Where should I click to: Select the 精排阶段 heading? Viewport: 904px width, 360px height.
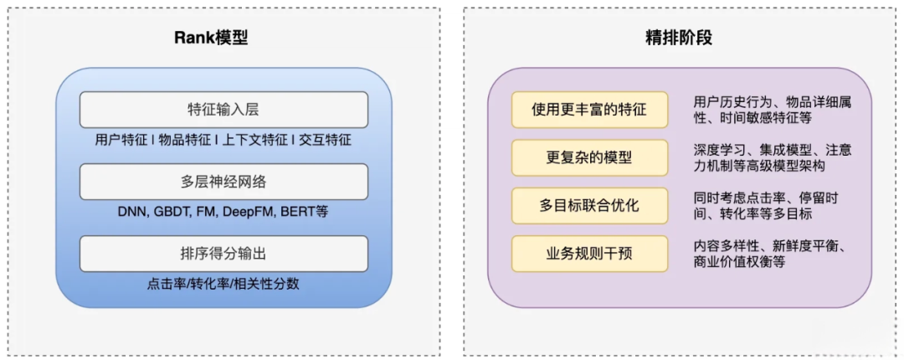coord(679,39)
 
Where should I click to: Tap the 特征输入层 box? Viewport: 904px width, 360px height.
coord(223,110)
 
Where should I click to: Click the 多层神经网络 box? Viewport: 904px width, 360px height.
coord(223,182)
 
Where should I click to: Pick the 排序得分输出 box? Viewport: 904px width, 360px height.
coord(223,254)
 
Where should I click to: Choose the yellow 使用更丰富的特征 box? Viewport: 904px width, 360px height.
coord(589,110)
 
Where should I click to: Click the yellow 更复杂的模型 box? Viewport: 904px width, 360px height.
coord(589,157)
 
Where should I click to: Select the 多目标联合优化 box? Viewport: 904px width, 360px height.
coord(589,205)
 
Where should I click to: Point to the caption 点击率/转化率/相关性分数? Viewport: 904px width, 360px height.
coord(223,284)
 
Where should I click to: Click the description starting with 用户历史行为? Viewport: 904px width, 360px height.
coord(772,111)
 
